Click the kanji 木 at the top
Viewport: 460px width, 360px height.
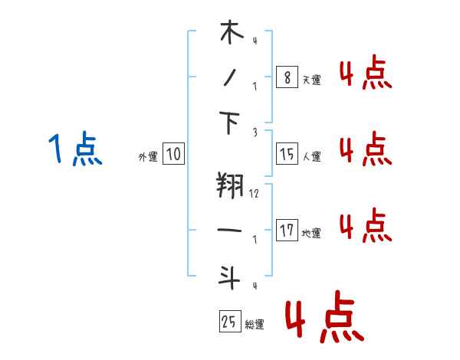pos(232,32)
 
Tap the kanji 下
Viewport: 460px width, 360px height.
pos(229,123)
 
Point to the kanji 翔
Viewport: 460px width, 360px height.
pos(230,185)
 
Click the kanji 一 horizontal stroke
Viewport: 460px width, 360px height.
pos(229,230)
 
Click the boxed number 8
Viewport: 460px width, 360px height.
pos(287,77)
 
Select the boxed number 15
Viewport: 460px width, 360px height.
pos(287,154)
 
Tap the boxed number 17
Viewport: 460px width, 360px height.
pos(287,230)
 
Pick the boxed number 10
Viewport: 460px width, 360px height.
pos(174,153)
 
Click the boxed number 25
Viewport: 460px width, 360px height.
pos(230,321)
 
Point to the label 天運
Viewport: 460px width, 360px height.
pos(312,80)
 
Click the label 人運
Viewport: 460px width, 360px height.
pos(312,156)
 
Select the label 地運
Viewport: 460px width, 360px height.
pos(311,233)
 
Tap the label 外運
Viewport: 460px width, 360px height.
pos(148,156)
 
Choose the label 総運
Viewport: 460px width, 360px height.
pos(255,324)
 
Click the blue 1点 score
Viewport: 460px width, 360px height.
pos(75,148)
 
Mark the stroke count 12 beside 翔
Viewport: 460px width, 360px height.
pos(254,194)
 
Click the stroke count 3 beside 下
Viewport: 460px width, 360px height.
pos(255,133)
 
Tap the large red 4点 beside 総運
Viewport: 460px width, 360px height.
pos(325,316)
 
